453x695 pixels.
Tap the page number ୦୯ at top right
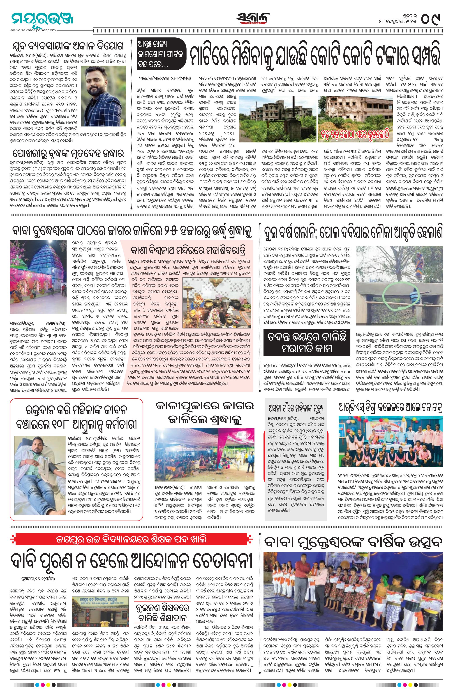tap(431, 20)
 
